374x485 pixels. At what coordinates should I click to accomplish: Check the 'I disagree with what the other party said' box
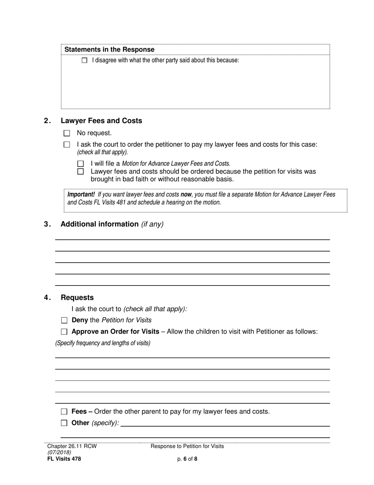coord(84,61)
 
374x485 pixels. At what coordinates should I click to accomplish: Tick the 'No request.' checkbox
coord(67,133)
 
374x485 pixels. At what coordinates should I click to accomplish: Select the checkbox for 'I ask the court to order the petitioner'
coord(67,145)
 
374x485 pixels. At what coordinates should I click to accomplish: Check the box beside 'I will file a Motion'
coord(81,164)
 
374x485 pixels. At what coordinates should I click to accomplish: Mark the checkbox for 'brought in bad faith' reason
coord(81,172)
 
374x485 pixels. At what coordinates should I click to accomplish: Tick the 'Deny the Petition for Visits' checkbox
coord(64,321)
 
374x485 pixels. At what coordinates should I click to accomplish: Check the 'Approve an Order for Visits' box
coord(64,332)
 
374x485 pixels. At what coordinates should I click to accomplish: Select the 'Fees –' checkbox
coord(64,412)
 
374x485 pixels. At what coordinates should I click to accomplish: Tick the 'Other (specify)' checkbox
coord(64,423)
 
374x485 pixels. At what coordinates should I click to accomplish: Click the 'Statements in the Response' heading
coord(109,50)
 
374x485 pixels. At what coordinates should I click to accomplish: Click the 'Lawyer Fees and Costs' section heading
coord(101,121)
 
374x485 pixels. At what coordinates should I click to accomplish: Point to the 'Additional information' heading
coord(100,224)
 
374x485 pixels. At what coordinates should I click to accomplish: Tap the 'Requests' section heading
coord(77,298)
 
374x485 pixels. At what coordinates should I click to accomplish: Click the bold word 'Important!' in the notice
coord(81,194)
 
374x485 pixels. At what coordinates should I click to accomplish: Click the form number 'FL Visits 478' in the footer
coord(64,459)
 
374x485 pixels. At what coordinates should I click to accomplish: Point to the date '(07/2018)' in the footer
coord(59,453)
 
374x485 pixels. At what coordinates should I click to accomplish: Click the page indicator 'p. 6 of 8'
coord(187,459)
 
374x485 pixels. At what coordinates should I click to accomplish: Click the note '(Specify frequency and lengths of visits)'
coord(103,343)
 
